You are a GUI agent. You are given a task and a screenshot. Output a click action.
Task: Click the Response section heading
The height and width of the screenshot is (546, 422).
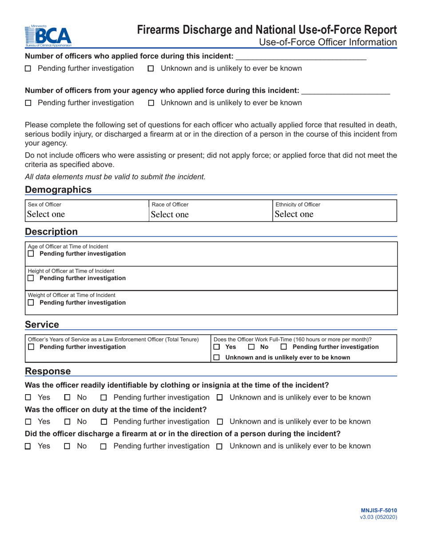(48, 371)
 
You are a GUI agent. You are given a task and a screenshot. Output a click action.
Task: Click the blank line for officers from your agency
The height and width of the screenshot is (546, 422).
(345, 92)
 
